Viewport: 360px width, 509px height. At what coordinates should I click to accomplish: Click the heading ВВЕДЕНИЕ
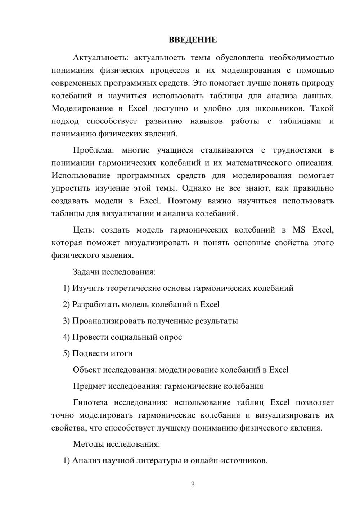pyautogui.click(x=193, y=40)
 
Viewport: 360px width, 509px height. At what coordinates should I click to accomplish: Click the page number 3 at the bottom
pyautogui.click(x=193, y=485)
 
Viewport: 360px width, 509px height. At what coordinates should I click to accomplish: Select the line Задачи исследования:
pyautogui.click(x=114, y=272)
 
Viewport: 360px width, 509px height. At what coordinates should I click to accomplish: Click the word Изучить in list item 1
pyautogui.click(x=88, y=288)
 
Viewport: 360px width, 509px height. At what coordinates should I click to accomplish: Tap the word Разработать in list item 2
pyautogui.click(x=96, y=305)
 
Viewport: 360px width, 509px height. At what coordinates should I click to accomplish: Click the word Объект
pyautogui.click(x=87, y=370)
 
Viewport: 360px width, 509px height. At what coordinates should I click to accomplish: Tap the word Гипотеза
pyautogui.click(x=90, y=402)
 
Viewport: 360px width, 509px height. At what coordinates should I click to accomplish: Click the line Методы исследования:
pyautogui.click(x=116, y=444)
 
